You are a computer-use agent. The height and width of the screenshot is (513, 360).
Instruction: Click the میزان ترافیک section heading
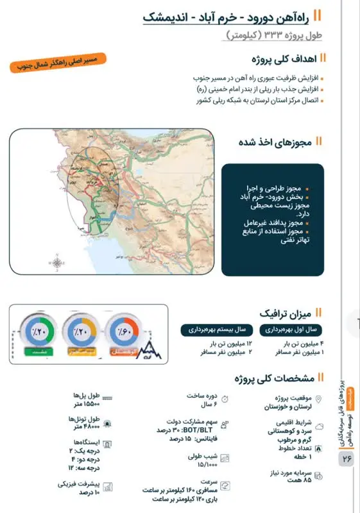click(x=286, y=314)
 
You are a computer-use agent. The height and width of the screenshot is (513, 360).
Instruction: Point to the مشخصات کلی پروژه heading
click(x=275, y=378)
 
